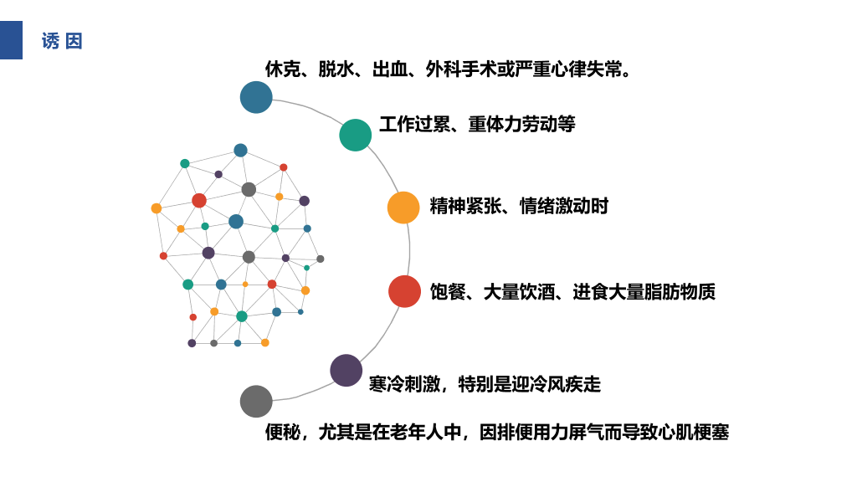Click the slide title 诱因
[62, 41]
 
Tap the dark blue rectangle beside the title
[11, 40]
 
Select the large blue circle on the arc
[256, 97]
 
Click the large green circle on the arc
[355, 135]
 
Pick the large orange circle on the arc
[403, 208]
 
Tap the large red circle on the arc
[404, 291]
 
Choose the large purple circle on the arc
[346, 370]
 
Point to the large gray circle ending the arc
[256, 401]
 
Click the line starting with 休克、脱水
[449, 69]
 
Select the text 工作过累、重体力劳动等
[477, 124]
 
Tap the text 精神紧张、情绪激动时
[519, 206]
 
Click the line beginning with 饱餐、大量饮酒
[572, 292]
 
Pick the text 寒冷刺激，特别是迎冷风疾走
[485, 384]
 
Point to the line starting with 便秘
[497, 433]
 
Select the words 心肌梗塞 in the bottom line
[694, 433]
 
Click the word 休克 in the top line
[283, 69]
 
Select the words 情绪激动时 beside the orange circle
[563, 206]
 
